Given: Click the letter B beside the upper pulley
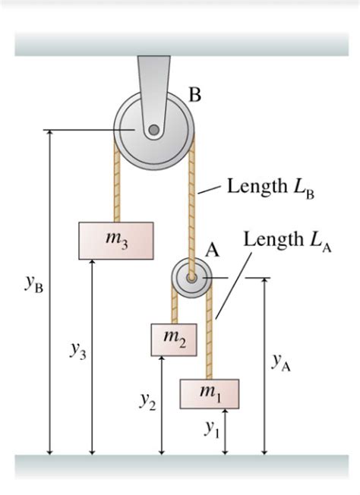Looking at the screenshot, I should (x=195, y=95).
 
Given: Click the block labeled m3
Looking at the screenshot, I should (x=115, y=241).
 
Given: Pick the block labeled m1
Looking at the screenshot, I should (x=209, y=393).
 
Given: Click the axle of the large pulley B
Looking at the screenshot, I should (x=154, y=131).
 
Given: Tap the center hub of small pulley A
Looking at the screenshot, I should (x=191, y=279).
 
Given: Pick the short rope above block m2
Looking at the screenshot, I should (x=175, y=307).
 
